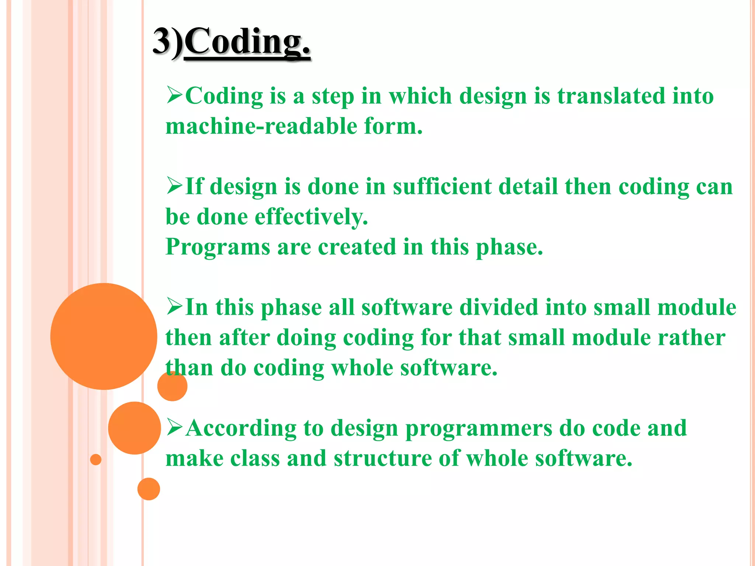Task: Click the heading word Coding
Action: coord(247,42)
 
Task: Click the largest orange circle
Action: coord(104,336)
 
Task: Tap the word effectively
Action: coord(312,217)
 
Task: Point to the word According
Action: coord(241,428)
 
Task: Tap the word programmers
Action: coord(479,428)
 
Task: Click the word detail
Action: coord(528,186)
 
